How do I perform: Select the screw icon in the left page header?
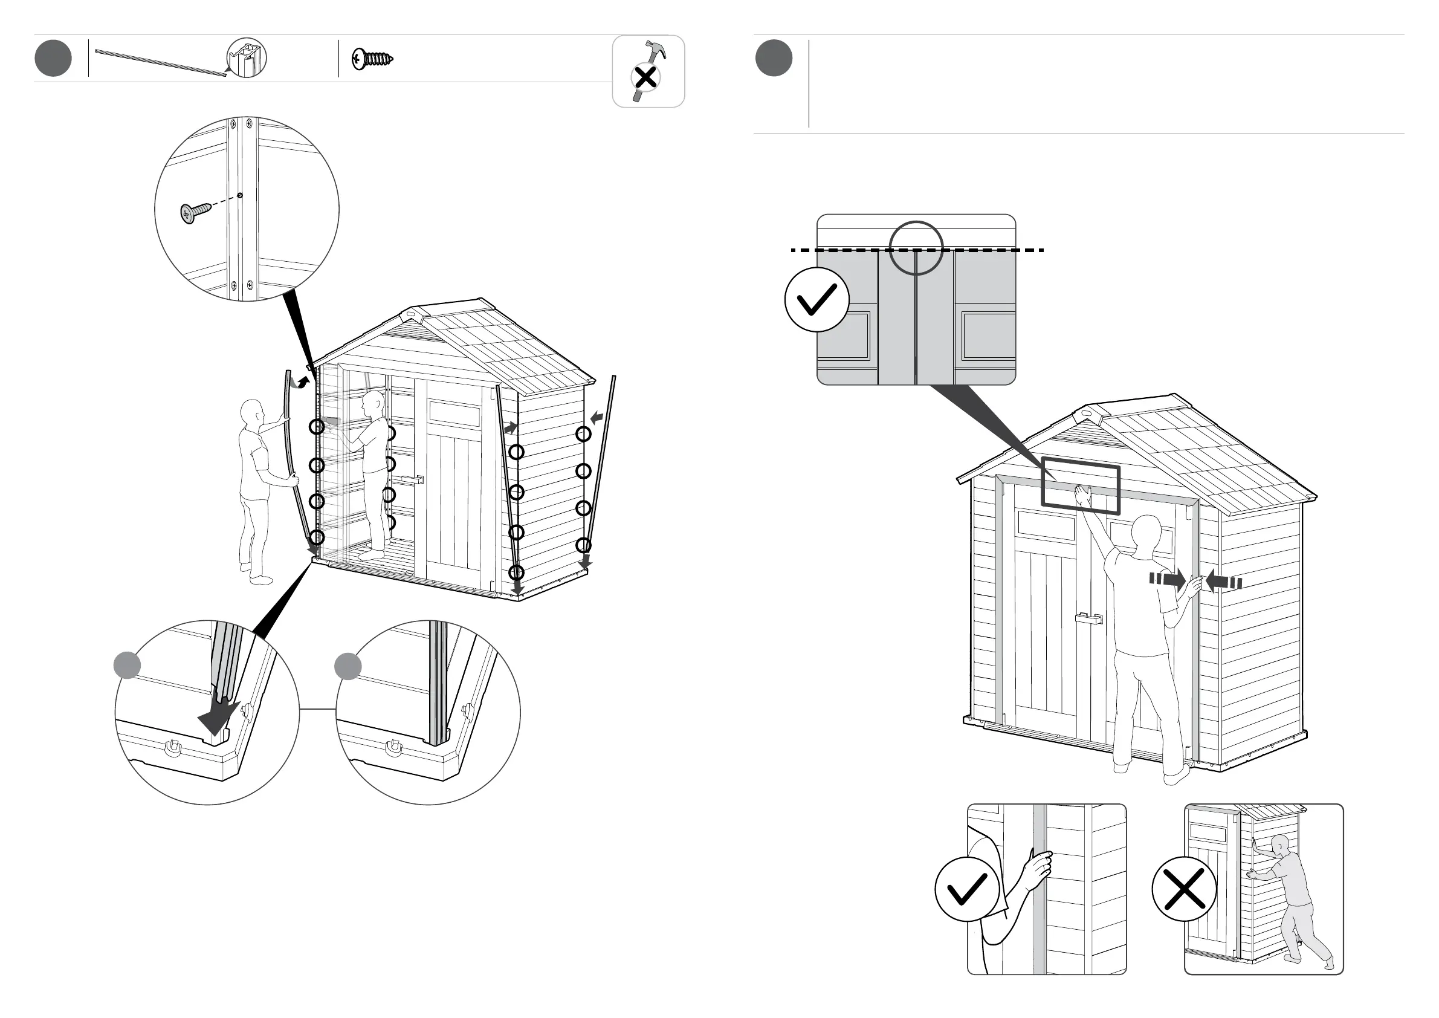click(372, 59)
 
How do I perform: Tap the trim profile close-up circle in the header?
click(247, 58)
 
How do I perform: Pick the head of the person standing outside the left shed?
click(252, 413)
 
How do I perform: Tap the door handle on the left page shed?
click(413, 480)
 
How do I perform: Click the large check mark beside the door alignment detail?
click(817, 300)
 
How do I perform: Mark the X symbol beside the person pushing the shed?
click(1184, 889)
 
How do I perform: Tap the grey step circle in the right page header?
click(774, 58)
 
